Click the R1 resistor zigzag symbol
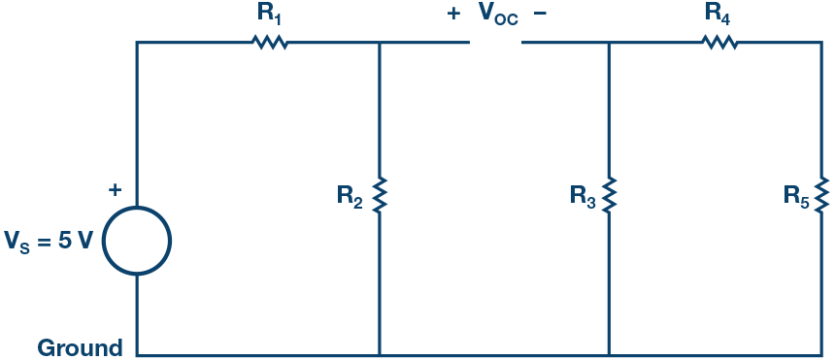click(x=270, y=42)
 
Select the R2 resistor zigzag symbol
click(x=379, y=195)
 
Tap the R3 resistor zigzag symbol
click(x=609, y=195)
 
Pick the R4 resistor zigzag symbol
click(x=719, y=42)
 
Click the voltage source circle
click(x=137, y=241)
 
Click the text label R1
click(x=271, y=15)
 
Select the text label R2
click(x=350, y=196)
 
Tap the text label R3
click(x=582, y=196)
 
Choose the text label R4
click(x=718, y=15)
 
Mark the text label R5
click(x=796, y=196)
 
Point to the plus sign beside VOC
click(x=453, y=15)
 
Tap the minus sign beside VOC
click(x=541, y=15)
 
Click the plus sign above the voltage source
click(x=116, y=190)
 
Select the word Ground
click(x=80, y=347)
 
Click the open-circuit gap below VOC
click(x=496, y=42)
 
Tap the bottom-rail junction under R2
click(x=379, y=355)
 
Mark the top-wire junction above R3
click(x=609, y=42)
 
